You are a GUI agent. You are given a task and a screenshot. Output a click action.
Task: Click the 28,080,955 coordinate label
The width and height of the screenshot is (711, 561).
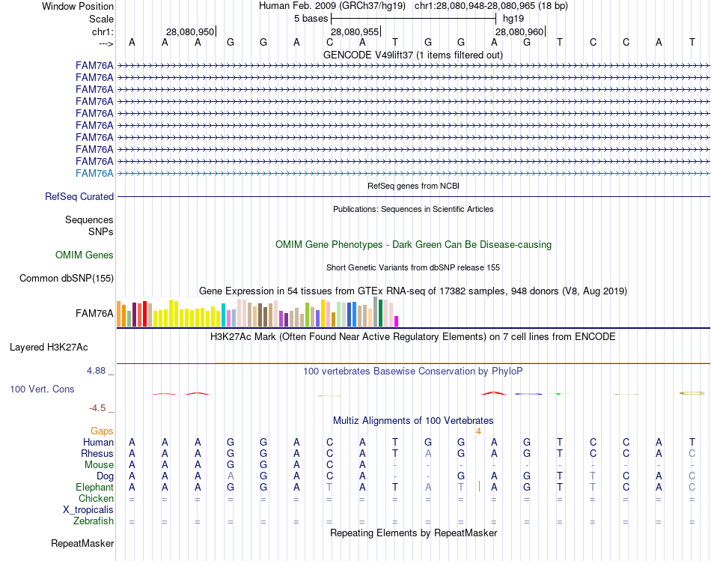pos(355,31)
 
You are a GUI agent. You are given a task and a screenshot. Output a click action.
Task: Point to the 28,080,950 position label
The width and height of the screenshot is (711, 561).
pos(190,31)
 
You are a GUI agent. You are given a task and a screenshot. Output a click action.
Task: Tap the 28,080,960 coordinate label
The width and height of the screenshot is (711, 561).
pos(519,31)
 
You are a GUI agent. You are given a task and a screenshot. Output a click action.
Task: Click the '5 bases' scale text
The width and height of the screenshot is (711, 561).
pos(310,18)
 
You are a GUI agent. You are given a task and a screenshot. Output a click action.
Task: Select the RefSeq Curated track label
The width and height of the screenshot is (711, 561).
pos(79,196)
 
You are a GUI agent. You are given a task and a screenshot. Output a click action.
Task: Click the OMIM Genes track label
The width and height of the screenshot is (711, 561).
pos(85,255)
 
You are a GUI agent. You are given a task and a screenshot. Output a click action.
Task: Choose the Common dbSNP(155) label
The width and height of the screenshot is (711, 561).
pos(67,279)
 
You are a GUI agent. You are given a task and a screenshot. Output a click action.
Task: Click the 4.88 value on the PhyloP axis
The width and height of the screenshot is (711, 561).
pos(98,370)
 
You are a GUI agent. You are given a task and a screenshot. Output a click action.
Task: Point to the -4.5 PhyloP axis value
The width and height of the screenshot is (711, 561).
pos(100,408)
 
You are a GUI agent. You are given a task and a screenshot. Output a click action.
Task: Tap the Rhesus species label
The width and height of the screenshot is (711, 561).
pos(97,454)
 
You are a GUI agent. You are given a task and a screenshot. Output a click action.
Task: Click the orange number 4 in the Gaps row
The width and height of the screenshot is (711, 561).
pos(478,431)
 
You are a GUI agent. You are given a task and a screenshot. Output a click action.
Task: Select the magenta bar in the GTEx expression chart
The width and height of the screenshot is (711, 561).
pos(396,321)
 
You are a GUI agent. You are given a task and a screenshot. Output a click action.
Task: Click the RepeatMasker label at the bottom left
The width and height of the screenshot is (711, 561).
pos(82,543)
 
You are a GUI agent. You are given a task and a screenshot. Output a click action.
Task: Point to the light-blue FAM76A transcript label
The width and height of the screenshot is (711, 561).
pos(94,173)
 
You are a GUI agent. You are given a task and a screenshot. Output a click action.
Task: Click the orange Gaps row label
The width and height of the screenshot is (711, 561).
pos(102,431)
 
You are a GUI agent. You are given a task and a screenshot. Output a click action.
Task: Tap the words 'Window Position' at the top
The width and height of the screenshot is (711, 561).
pos(78,6)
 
